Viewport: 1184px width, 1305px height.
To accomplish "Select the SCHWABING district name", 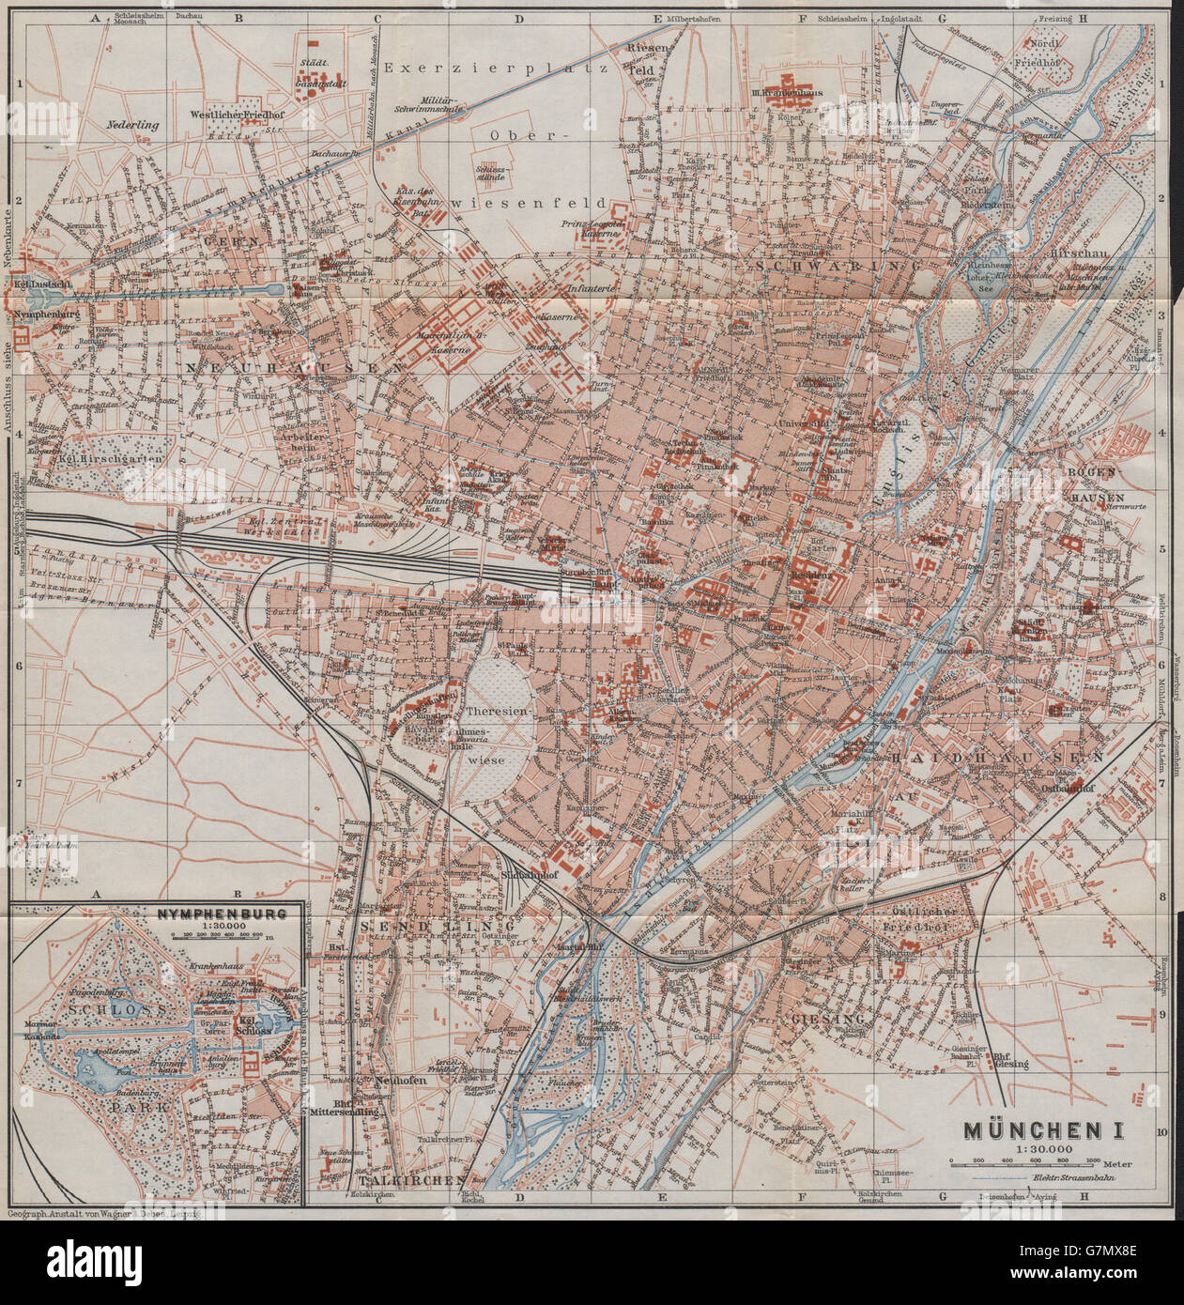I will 836,267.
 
